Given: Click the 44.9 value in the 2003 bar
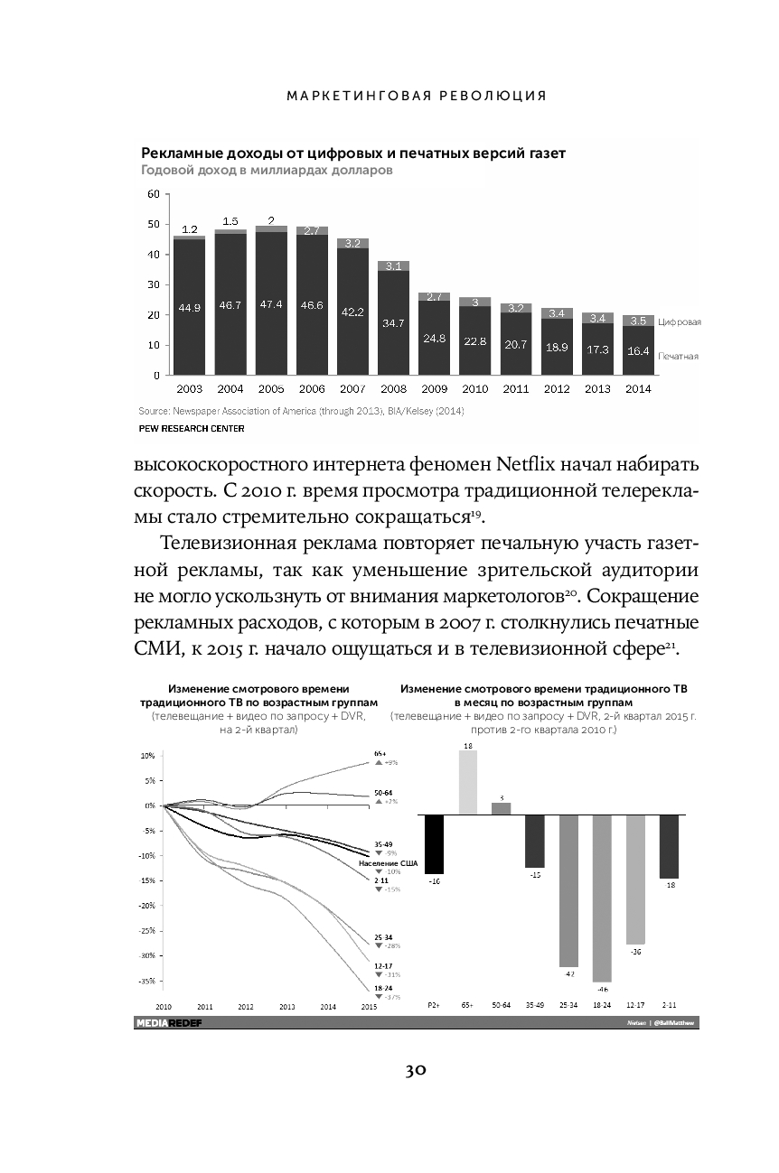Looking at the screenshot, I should pos(189,308).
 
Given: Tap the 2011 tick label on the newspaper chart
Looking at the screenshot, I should pos(515,389).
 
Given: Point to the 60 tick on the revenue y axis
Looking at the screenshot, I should pos(153,194).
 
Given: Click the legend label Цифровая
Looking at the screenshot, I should pos(680,321).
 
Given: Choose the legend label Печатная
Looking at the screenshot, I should pos(678,357).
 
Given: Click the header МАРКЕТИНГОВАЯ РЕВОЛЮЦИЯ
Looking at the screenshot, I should pos(416,95).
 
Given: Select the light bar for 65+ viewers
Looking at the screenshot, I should pos(468,782).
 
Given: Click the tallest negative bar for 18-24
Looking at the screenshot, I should pos(602,898).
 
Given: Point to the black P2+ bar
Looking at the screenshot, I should pos(434,843).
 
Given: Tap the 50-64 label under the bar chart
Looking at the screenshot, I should pos(501,1005).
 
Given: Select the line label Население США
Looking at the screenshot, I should pos(389,863).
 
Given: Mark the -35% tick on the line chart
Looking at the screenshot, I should pos(147,980).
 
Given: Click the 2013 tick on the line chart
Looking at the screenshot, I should pos(287,1006).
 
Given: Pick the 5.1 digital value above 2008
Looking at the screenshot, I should pos(393,266).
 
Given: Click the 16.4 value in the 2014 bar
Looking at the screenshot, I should pos(638,350).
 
